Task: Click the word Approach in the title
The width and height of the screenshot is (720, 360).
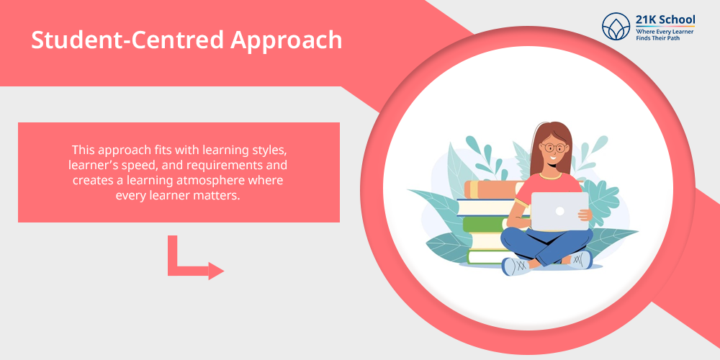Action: click(x=286, y=40)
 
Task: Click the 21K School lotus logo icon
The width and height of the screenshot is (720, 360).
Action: click(x=616, y=26)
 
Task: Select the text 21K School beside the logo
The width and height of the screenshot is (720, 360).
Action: click(x=665, y=20)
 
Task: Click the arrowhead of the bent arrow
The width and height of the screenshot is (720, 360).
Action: click(x=216, y=271)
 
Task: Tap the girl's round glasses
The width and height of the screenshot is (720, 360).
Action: click(x=554, y=148)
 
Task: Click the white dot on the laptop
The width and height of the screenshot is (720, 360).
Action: click(x=559, y=211)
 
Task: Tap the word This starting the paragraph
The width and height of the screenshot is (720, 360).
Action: click(x=82, y=150)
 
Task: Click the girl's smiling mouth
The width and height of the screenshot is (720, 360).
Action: click(x=553, y=158)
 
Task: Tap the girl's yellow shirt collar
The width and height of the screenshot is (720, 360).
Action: click(x=551, y=176)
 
